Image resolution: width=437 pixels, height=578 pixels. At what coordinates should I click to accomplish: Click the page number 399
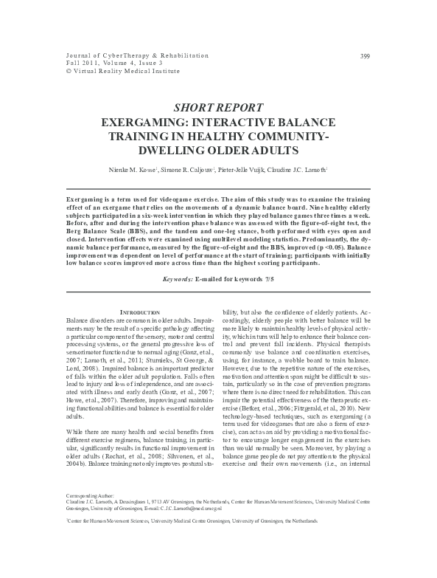365,56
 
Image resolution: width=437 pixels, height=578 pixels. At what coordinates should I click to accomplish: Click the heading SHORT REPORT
218,107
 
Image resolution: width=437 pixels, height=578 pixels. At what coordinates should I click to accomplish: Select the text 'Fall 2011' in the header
81,64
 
